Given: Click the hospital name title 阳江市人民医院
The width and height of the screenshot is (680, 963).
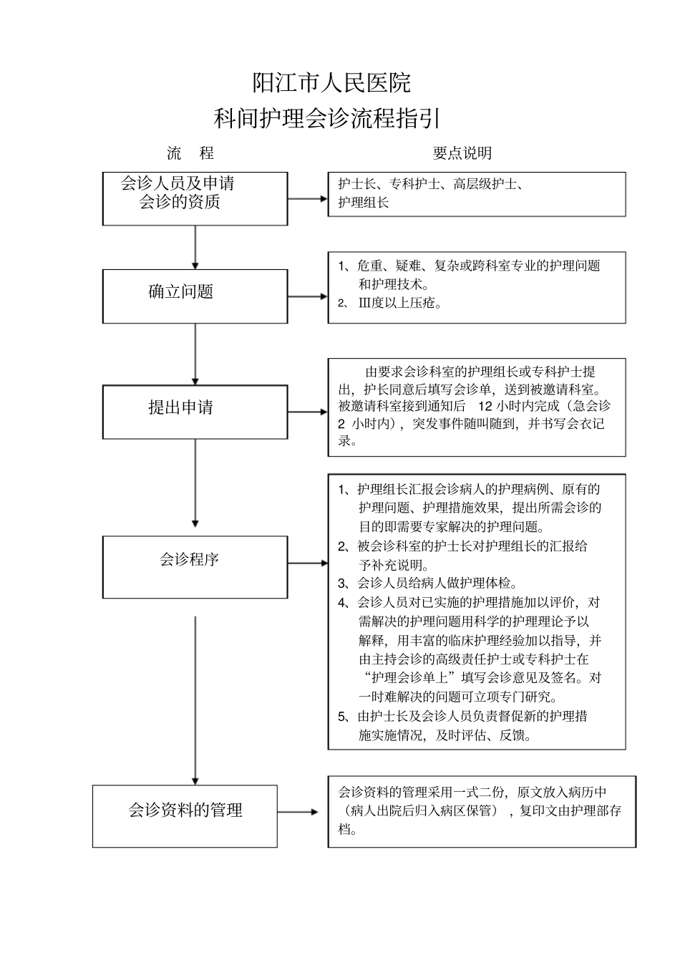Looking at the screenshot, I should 331,83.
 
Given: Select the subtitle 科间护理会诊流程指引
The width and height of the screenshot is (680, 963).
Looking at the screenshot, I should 326,117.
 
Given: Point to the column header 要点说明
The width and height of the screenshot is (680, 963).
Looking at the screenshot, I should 462,153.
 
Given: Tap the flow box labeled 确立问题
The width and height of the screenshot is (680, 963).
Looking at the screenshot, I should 195,296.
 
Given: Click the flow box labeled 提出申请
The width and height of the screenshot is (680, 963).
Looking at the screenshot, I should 195,412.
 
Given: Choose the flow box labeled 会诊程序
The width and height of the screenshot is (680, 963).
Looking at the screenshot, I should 195,566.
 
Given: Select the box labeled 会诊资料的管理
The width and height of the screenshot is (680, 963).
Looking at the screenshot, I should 185,816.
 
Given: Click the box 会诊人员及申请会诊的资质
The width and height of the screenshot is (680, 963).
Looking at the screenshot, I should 195,198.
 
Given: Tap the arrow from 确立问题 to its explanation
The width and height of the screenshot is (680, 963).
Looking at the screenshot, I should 308,296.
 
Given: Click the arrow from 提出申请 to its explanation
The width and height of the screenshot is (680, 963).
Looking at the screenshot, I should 308,412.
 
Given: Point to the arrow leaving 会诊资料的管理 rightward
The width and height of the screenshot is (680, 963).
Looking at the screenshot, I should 298,812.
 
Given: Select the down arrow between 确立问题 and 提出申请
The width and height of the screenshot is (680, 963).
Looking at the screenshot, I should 195,354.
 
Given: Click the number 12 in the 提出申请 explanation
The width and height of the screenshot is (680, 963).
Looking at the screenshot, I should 485,405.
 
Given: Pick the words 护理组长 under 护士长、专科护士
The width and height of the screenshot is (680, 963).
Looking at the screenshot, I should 364,203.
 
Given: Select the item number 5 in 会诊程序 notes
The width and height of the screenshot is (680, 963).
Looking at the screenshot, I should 342,716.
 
